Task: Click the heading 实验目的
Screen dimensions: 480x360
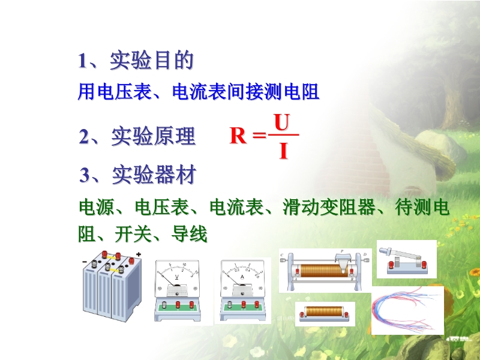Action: (x=152, y=61)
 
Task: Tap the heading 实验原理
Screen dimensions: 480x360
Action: (x=153, y=136)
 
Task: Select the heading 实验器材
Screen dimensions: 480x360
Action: (x=154, y=175)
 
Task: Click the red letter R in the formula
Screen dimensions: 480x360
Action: (x=238, y=136)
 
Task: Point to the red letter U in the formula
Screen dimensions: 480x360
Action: (x=281, y=122)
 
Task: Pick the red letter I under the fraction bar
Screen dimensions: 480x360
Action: (x=284, y=151)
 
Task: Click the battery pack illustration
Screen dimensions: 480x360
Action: (x=112, y=286)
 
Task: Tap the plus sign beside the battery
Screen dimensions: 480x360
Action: (x=139, y=254)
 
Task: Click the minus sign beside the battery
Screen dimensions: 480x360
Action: (x=85, y=262)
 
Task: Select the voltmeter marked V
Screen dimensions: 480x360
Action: (x=177, y=290)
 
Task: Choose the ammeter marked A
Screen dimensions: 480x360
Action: (x=243, y=290)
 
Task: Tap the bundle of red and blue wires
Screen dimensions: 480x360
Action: (x=407, y=310)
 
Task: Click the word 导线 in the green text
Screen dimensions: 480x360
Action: (x=190, y=235)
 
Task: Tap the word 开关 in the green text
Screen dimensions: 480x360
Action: (x=133, y=235)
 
